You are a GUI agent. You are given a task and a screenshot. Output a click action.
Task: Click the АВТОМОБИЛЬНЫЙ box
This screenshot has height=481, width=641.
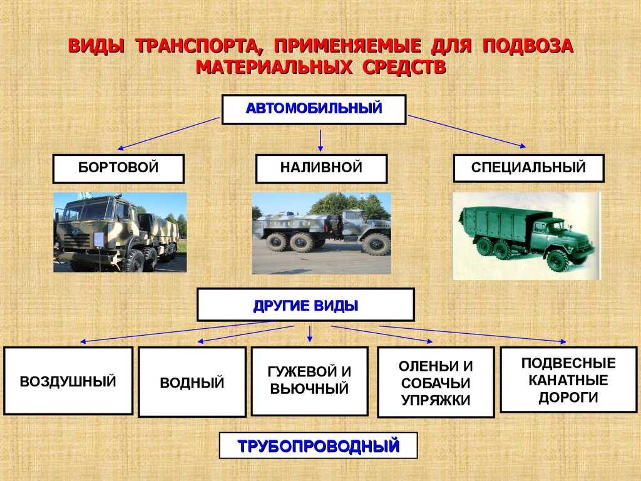(x=314, y=109)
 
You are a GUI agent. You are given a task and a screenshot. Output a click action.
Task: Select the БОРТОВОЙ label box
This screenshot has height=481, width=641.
(x=118, y=168)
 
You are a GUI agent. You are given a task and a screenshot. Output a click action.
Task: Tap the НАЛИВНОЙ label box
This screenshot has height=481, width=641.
(x=321, y=168)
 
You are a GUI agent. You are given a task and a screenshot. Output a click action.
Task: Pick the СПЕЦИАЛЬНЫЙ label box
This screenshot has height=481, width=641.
(x=528, y=168)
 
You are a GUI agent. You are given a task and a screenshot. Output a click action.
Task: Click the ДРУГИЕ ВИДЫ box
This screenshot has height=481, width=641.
(x=305, y=305)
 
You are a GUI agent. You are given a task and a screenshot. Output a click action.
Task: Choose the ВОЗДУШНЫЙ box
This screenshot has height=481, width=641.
(x=68, y=381)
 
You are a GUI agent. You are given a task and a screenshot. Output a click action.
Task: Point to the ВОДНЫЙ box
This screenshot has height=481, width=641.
(x=192, y=382)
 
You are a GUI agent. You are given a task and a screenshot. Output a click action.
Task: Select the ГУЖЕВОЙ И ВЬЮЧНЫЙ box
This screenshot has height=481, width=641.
(x=309, y=381)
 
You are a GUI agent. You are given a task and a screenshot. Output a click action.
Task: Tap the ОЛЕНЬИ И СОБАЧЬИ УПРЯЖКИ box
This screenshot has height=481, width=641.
(x=436, y=383)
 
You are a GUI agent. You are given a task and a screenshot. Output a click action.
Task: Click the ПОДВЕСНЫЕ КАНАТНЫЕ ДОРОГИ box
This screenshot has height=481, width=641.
(x=568, y=380)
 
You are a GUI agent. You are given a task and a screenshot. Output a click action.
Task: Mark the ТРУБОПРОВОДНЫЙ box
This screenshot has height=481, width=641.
(x=318, y=445)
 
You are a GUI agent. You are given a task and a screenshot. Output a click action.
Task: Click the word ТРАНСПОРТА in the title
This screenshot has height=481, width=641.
(x=199, y=46)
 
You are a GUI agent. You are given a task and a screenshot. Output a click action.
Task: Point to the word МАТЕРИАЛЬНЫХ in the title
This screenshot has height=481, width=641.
(x=274, y=67)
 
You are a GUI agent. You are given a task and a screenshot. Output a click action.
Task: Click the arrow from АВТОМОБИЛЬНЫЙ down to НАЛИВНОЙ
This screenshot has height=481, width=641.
(x=320, y=141)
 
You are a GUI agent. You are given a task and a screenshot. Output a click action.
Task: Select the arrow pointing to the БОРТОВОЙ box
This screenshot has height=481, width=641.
(x=168, y=133)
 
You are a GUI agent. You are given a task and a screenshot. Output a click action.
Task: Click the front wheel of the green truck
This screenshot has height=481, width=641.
(x=558, y=261)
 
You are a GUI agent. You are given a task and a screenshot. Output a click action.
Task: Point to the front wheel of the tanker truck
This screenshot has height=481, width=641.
(x=376, y=244)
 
